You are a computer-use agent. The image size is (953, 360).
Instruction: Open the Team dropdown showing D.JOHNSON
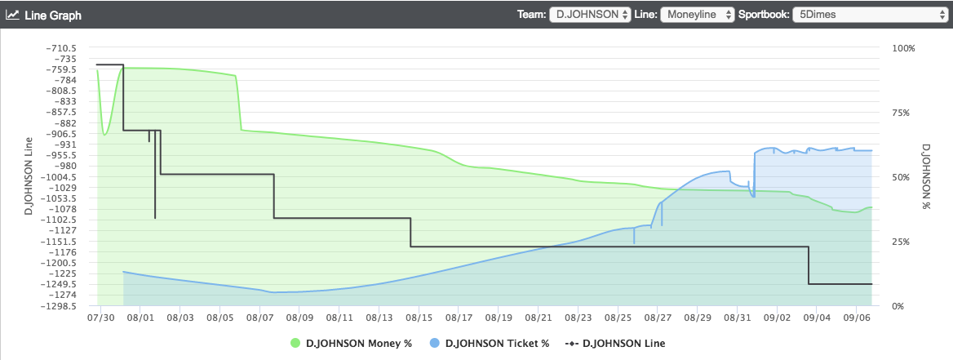pos(590,14)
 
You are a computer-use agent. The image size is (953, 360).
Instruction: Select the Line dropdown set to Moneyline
pos(697,14)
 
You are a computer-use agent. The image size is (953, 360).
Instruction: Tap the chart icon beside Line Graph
pos(13,15)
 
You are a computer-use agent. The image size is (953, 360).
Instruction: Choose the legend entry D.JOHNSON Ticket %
pos(485,344)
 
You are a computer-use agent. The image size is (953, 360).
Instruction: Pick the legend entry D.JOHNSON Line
pos(614,344)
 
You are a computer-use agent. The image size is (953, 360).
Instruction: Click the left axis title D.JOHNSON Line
pos(29,177)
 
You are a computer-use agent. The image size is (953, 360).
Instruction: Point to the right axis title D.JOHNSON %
pos(926,177)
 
